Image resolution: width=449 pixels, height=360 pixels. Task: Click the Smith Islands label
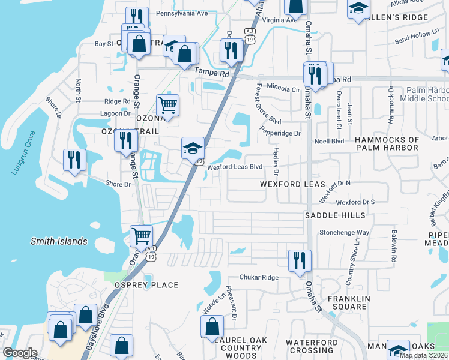pos(59,242)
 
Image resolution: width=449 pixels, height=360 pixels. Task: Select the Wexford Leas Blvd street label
pos(235,167)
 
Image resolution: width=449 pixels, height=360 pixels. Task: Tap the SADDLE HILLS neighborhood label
pos(335,215)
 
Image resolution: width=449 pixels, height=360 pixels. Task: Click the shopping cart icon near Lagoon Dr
pos(168,106)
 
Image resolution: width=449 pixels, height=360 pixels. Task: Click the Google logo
pos(20,353)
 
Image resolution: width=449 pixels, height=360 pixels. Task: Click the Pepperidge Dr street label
pos(280,133)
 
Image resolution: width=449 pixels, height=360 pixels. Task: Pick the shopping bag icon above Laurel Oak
pos(212,327)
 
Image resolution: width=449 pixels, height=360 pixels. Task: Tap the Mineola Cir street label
pos(283,89)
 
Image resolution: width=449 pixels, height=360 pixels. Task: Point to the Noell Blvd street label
pos(330,141)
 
